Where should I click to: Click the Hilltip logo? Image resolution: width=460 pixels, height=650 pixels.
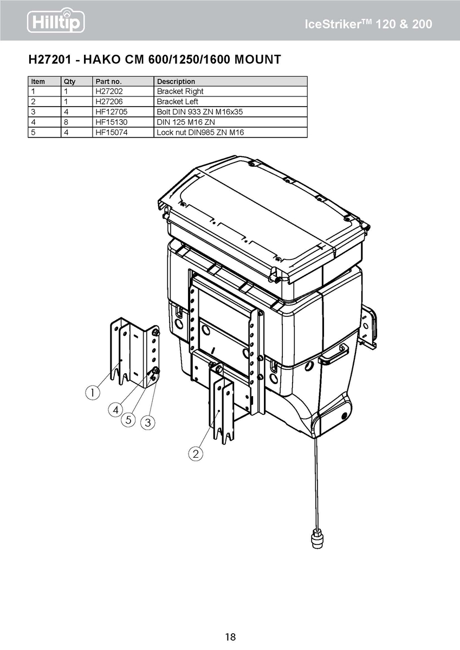pos(56,21)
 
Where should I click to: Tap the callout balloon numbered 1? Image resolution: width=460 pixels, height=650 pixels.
pos(93,393)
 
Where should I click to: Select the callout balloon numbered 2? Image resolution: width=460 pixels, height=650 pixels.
pos(196,453)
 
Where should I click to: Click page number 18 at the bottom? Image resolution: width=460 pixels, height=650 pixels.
pos(230,637)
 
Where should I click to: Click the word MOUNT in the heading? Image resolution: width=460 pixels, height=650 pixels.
pos(257,60)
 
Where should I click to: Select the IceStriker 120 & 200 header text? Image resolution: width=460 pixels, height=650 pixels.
pos(368,24)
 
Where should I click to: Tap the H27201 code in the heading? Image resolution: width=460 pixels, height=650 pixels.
pos(50,60)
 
